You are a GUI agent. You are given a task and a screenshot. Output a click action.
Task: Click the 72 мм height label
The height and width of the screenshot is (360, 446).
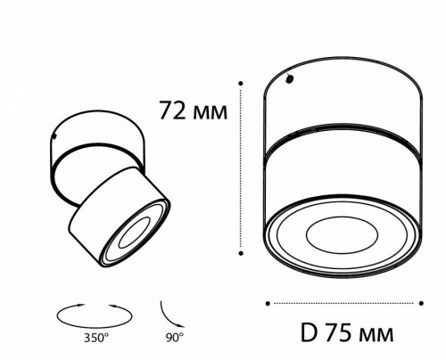click(194, 110)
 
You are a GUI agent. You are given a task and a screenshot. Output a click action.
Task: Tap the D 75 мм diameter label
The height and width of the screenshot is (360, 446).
click(347, 332)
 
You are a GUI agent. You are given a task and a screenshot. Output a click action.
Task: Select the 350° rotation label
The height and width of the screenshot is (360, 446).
click(96, 338)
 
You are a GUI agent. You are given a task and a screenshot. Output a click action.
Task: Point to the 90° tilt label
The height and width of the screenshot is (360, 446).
click(175, 338)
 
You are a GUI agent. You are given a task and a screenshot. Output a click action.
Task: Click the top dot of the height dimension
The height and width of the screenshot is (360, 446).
click(241, 84)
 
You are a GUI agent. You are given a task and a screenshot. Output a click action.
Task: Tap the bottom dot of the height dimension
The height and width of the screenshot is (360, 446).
click(241, 253)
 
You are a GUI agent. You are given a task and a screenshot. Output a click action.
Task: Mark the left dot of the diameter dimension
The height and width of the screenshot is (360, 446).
click(268, 303)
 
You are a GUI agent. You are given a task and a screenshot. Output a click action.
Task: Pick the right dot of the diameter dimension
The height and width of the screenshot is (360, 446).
click(421, 303)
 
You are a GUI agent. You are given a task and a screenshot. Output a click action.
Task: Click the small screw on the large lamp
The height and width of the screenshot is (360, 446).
click(289, 79)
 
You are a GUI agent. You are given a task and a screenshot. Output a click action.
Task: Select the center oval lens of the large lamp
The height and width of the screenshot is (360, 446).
click(342, 234)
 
